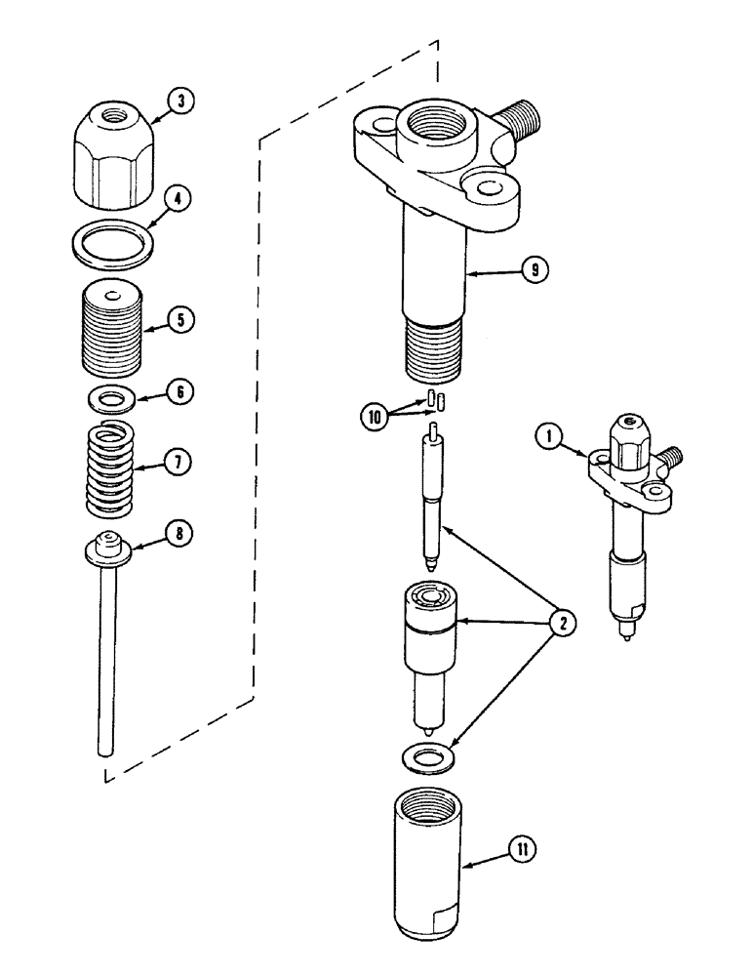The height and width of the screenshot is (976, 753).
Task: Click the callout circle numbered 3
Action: tap(180, 101)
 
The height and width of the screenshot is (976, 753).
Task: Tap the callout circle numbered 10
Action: tap(376, 414)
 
